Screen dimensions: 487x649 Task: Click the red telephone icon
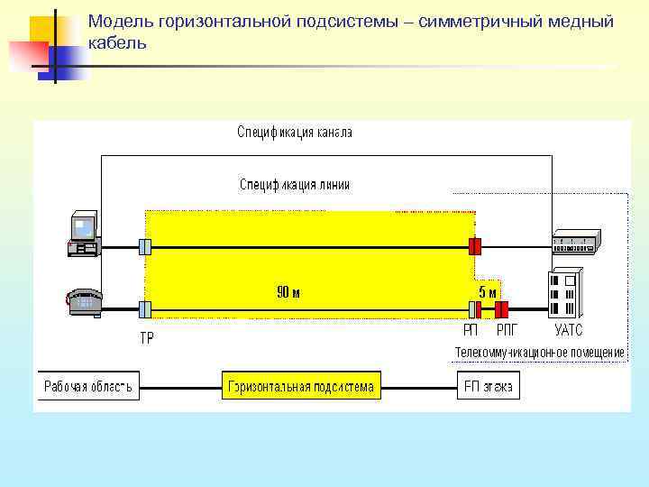(83, 301)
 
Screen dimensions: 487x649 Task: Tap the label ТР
(146, 338)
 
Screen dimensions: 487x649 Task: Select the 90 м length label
(288, 292)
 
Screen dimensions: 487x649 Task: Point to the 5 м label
(487, 292)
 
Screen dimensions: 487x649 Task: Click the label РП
(471, 331)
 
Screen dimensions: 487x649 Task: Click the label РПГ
(507, 331)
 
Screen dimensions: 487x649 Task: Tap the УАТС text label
(569, 331)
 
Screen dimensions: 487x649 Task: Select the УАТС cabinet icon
(565, 292)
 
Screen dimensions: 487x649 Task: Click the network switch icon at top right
(575, 242)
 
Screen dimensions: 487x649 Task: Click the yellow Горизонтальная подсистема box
(301, 388)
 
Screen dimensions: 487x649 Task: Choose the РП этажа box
(488, 388)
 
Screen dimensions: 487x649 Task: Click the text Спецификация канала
(294, 133)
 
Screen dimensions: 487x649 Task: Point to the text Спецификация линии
(294, 185)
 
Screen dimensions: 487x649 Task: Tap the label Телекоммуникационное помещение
(539, 351)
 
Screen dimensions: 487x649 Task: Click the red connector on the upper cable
(475, 245)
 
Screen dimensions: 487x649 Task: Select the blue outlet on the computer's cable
(144, 245)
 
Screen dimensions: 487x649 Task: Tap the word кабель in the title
(117, 43)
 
